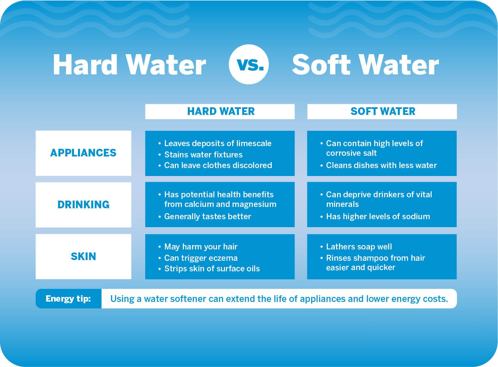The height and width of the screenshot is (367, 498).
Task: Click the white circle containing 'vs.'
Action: [x=249, y=64]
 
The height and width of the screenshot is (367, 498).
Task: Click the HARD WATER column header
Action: [x=221, y=111]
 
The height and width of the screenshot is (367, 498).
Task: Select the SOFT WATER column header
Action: [x=383, y=111]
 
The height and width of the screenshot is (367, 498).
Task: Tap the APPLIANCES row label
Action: [x=83, y=153]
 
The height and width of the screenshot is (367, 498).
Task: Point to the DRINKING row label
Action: [x=83, y=205]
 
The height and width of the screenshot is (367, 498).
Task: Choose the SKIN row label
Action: [x=83, y=256]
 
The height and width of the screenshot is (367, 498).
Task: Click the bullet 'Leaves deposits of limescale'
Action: [x=218, y=143]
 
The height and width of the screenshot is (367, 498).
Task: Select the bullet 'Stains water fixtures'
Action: [x=203, y=154]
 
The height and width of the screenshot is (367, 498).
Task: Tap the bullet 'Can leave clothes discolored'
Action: [x=218, y=165]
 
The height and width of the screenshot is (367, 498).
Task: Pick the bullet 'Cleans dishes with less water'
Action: [x=381, y=165]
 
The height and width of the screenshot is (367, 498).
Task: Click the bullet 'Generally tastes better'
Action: [x=207, y=216]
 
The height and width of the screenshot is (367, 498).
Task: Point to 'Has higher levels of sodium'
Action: [x=378, y=216]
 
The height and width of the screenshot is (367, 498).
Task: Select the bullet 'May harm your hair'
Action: [x=201, y=246]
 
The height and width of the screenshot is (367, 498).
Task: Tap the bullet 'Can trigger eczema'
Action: [x=201, y=258]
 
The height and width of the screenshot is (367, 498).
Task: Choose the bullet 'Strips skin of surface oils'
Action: [x=212, y=268]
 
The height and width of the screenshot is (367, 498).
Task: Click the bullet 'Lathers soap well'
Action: [x=359, y=246]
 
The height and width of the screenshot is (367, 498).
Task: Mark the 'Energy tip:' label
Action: [x=68, y=299]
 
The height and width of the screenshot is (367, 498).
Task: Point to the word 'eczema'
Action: [x=221, y=258]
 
